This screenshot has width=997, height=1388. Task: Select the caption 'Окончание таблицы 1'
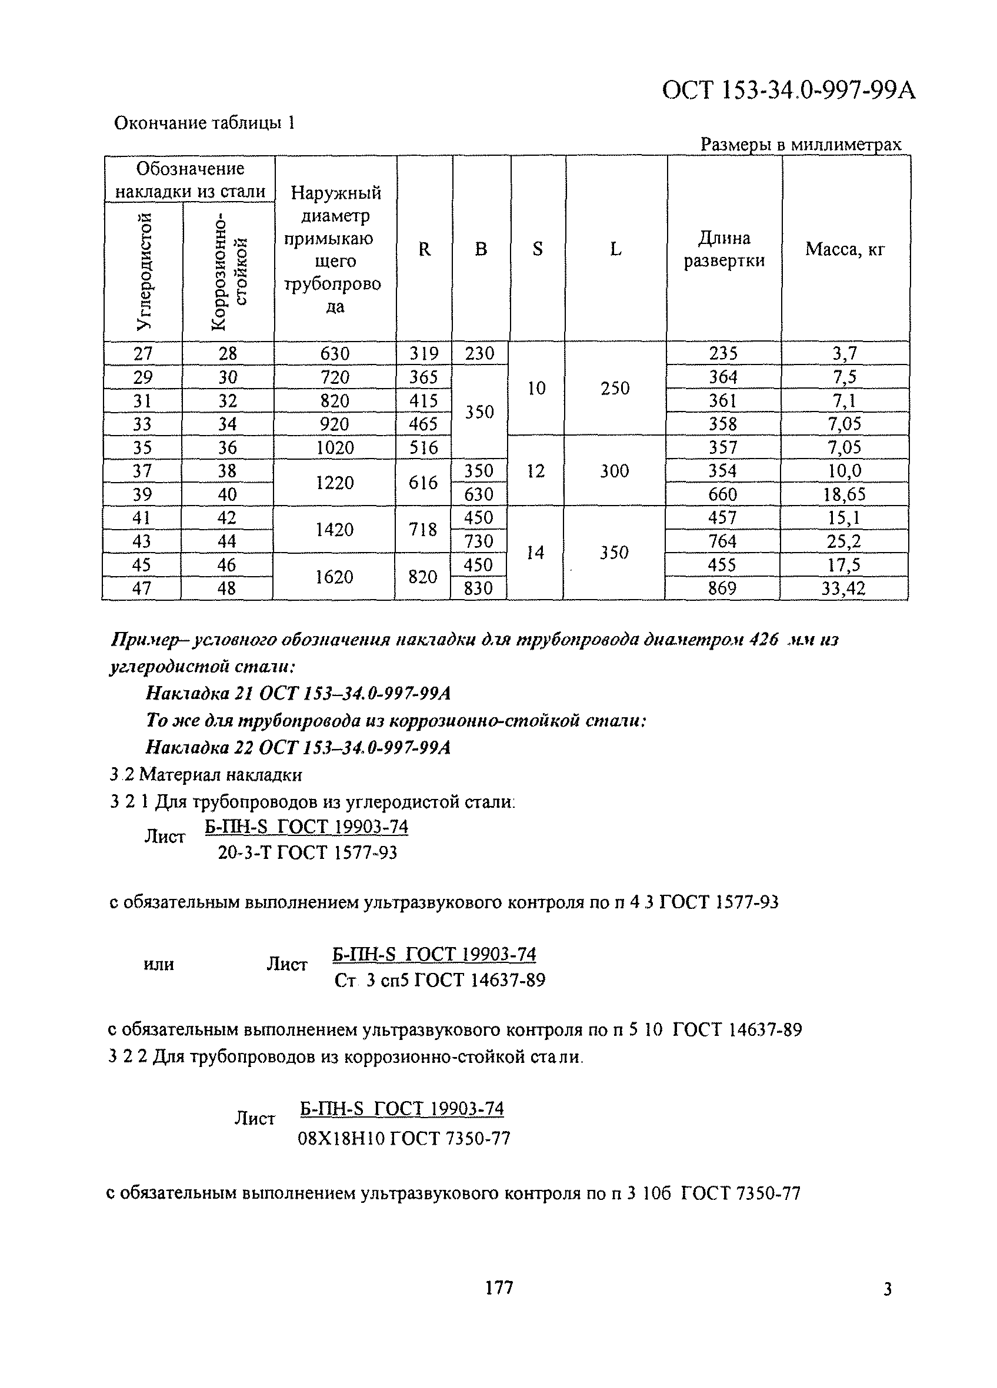[205, 123]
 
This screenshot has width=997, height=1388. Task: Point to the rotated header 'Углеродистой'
[144, 272]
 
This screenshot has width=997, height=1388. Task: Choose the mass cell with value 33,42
[843, 588]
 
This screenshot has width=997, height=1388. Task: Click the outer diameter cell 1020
[335, 447]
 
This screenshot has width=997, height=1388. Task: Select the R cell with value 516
[424, 447]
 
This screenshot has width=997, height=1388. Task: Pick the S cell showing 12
[536, 471]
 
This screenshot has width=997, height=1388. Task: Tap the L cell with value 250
[615, 388]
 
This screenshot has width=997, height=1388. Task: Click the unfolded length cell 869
[722, 588]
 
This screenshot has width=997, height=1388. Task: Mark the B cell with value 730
[478, 541]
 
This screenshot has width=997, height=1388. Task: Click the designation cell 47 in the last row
[142, 588]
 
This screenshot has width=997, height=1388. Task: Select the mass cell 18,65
[844, 494]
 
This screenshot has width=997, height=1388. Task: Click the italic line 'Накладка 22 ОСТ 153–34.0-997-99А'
[298, 747]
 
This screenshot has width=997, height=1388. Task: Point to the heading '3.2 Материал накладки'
[206, 775]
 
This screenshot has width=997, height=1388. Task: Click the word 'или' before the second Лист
[159, 965]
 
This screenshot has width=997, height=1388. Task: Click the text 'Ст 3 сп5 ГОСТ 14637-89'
[439, 981]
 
